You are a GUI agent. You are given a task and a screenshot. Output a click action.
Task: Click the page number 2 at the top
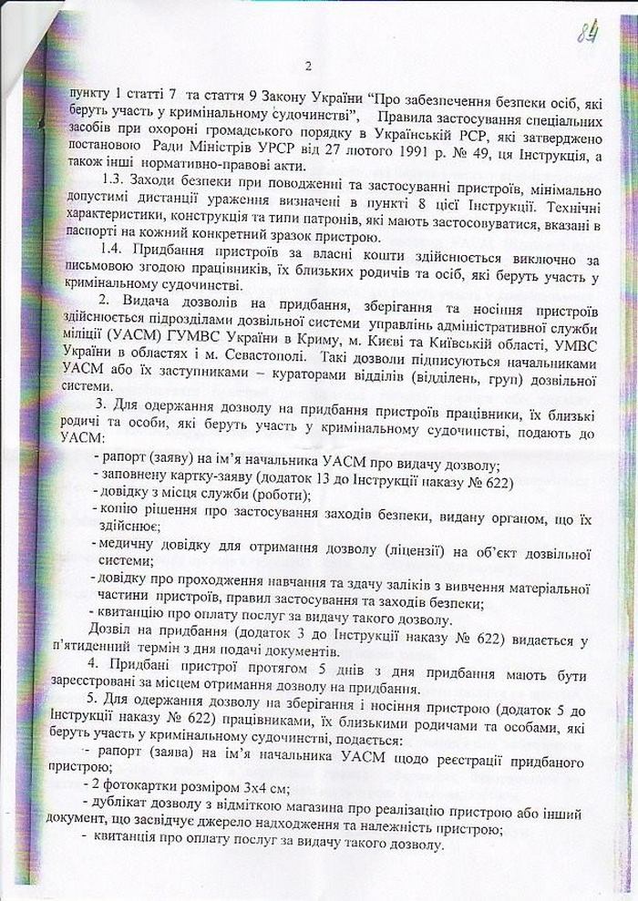(x=309, y=66)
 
